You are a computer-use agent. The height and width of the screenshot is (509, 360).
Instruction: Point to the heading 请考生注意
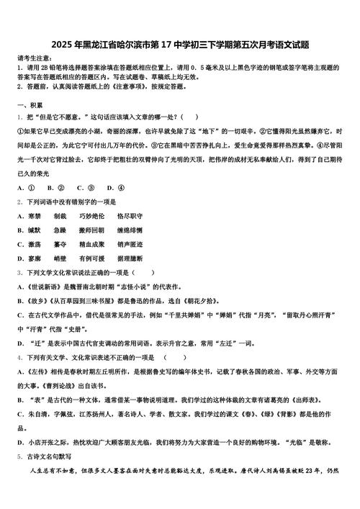(35, 57)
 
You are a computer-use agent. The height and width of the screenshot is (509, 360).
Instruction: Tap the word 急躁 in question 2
(60, 230)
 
